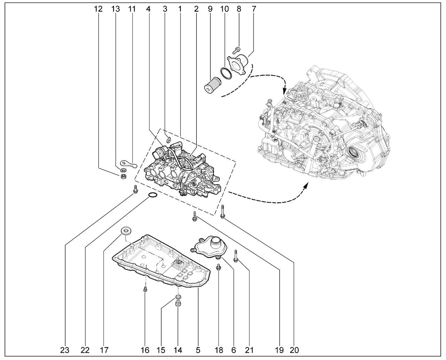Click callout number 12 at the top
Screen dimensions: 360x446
(98, 9)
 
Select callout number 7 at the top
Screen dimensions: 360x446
(253, 9)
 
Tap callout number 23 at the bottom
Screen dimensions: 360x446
(65, 350)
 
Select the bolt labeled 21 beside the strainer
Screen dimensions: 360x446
(236, 256)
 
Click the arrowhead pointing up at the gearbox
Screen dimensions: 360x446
(306, 185)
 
